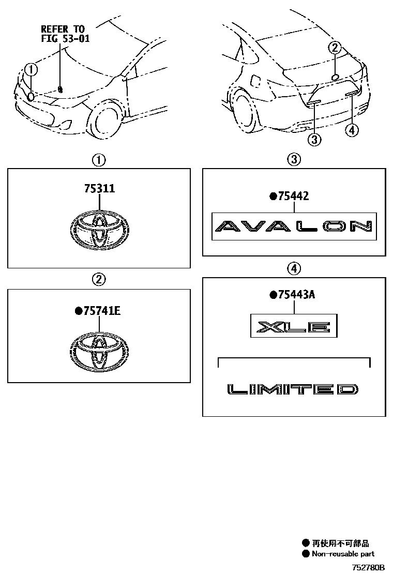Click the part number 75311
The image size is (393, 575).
coord(99,189)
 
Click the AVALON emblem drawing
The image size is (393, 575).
coord(294,226)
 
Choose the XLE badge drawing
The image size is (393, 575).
coord(294,326)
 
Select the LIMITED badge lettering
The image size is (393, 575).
coord(293,389)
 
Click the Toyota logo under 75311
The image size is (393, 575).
coord(99,230)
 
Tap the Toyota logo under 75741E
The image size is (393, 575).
coord(99,352)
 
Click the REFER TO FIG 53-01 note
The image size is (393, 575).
coord(65,34)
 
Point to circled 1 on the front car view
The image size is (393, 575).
coord(31,69)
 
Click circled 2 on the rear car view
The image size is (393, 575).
coord(335,48)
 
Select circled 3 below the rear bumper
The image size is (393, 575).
coord(314,139)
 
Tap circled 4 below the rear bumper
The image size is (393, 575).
coord(352,130)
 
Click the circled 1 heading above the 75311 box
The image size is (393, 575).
coord(99,160)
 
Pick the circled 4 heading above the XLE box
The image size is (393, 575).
coord(294,269)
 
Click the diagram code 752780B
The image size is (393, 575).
coord(368,567)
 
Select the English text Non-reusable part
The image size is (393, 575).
coord(343,554)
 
